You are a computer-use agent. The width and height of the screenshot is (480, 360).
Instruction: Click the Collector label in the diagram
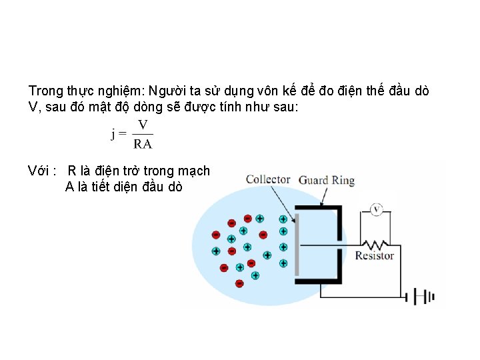click(x=268, y=179)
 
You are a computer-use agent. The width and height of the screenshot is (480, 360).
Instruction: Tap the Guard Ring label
click(x=326, y=180)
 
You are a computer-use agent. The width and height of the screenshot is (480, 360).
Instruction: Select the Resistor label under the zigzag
click(x=374, y=255)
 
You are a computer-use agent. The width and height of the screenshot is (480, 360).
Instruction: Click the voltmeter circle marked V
click(x=376, y=210)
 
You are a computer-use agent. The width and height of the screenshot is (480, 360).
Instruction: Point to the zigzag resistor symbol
click(x=375, y=243)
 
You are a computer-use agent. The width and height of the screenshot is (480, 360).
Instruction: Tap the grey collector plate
click(x=297, y=243)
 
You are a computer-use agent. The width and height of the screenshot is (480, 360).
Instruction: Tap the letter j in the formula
click(x=113, y=134)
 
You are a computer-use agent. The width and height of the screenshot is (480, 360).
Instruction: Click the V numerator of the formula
click(x=143, y=125)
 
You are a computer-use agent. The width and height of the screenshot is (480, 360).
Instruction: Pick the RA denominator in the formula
click(x=143, y=143)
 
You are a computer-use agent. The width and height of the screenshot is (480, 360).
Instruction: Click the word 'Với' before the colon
click(x=39, y=171)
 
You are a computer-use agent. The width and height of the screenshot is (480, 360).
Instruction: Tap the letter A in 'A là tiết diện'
click(x=69, y=187)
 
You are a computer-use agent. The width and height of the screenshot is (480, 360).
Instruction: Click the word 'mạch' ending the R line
click(x=195, y=171)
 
